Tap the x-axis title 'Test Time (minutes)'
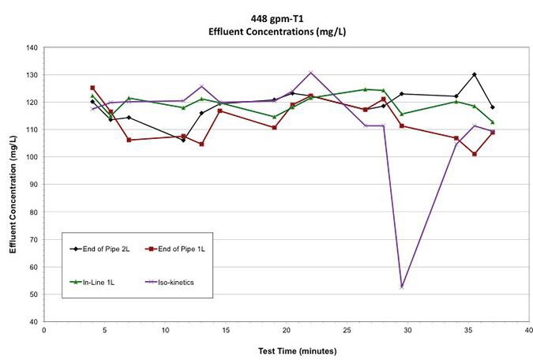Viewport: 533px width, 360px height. click(x=285, y=350)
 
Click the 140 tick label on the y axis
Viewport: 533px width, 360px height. click(x=32, y=47)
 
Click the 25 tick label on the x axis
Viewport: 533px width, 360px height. click(x=347, y=332)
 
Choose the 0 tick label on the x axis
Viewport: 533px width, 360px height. click(x=44, y=332)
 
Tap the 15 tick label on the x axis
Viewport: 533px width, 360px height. click(x=226, y=332)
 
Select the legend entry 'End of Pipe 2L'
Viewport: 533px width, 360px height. click(x=103, y=247)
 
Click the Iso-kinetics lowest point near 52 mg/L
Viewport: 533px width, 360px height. click(x=402, y=287)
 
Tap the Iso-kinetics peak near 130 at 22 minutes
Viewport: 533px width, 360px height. click(x=310, y=73)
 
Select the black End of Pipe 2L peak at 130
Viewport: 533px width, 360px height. click(x=475, y=74)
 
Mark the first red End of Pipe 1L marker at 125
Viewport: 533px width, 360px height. click(x=92, y=88)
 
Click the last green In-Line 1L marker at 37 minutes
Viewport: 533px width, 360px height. click(x=493, y=122)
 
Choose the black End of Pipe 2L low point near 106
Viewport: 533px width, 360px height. click(x=183, y=140)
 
